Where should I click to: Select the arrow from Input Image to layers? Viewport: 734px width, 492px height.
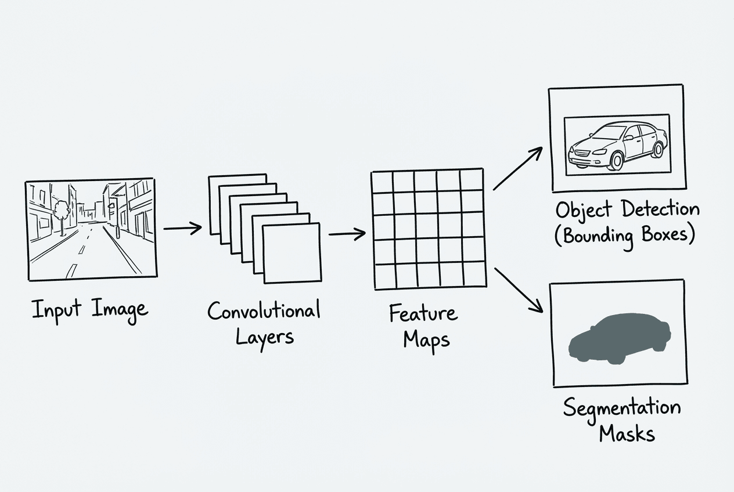click(182, 228)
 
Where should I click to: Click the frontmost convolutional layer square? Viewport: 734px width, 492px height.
click(292, 253)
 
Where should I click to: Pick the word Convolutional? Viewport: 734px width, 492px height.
click(264, 311)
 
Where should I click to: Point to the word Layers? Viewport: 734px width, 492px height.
click(264, 337)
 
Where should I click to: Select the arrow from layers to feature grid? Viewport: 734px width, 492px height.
click(347, 234)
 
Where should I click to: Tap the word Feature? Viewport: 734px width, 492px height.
click(423, 314)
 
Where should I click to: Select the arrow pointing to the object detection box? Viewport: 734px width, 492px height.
click(517, 168)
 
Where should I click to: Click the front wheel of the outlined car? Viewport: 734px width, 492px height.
click(614, 161)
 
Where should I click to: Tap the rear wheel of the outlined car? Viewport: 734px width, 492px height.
click(658, 150)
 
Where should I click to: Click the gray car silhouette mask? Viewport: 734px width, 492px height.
click(619, 339)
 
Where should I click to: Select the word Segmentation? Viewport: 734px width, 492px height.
click(621, 408)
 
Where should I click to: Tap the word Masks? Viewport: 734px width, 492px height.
click(627, 433)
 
